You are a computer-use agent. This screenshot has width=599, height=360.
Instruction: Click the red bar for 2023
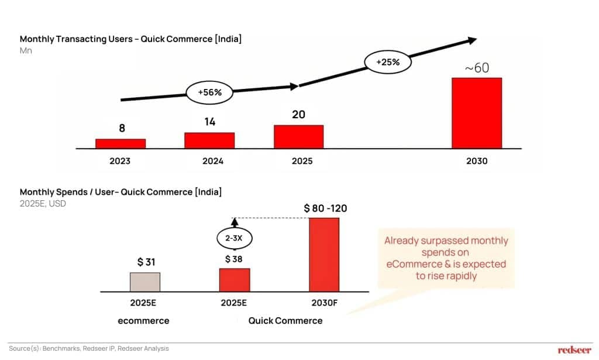tap(121, 143)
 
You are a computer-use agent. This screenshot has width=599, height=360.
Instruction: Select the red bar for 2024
tap(209, 140)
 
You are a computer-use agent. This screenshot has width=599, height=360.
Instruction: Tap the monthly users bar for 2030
tap(477, 113)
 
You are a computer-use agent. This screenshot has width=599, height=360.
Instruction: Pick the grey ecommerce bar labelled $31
tap(144, 282)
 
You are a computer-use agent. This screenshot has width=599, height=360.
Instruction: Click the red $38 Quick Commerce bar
tap(235, 280)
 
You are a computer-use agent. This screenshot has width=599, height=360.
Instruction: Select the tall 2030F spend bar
tap(324, 255)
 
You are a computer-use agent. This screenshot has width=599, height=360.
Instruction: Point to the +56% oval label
tap(209, 92)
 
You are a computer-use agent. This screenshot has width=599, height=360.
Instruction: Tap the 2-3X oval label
tap(235, 239)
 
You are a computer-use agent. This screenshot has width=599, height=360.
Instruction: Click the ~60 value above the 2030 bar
tap(477, 68)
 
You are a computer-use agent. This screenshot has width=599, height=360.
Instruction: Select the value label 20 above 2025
tap(298, 115)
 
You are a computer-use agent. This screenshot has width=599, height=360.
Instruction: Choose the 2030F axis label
tap(323, 304)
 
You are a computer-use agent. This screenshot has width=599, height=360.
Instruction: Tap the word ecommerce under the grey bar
tap(143, 320)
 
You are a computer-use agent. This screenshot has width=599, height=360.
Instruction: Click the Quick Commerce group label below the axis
tap(285, 320)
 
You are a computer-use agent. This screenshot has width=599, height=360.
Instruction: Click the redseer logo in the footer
tap(574, 350)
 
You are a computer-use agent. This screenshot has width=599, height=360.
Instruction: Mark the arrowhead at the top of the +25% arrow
tap(471, 40)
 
